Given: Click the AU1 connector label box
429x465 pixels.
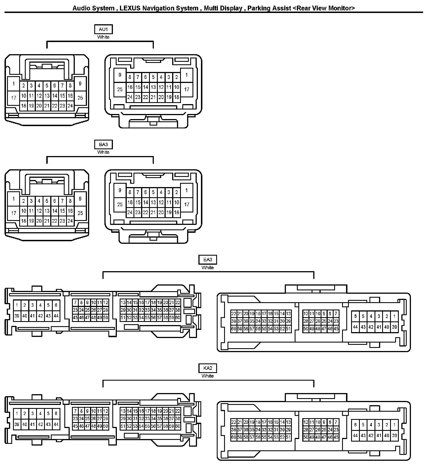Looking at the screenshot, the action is [103, 29].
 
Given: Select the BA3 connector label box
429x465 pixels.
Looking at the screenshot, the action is [103, 144].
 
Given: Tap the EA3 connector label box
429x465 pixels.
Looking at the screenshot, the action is [208, 260].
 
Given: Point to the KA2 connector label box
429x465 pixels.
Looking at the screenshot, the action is [208, 368].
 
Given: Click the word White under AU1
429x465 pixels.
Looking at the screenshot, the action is [103, 37].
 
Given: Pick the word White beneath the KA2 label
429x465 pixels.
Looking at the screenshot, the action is [208, 376].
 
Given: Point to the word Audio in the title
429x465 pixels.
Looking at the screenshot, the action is [81, 8].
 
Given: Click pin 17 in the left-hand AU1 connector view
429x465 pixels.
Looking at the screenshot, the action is [14, 98].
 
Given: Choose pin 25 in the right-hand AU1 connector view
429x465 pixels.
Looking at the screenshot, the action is [120, 89].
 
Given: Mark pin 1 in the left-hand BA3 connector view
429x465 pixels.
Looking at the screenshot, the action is [14, 199].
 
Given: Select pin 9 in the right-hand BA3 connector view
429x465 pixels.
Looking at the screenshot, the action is [120, 190].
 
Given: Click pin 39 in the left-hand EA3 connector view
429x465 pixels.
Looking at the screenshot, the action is [17, 316].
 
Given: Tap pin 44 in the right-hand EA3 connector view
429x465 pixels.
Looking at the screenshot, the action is [355, 327].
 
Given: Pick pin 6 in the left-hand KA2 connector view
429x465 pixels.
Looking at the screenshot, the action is [56, 414].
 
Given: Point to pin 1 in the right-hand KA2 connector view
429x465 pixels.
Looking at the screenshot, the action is [394, 425].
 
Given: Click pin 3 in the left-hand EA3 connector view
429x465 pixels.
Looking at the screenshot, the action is [32, 305].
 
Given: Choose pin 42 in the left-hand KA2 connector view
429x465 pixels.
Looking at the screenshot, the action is [40, 424].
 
